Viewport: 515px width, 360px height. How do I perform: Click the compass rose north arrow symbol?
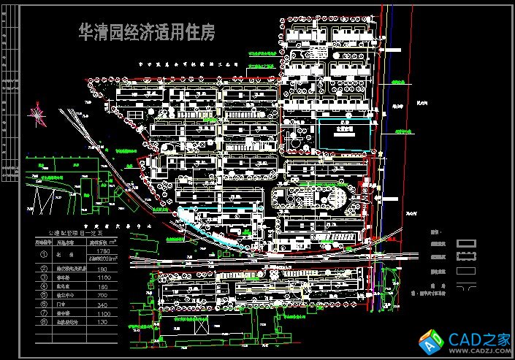point(34,114)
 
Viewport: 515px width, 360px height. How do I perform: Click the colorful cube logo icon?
point(425,340)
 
